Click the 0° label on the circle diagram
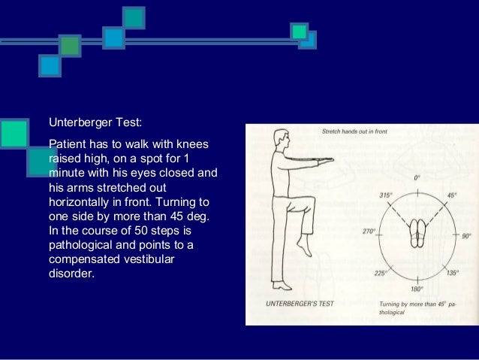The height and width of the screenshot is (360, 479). click(417, 178)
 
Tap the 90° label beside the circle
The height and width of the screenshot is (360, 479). click(467, 236)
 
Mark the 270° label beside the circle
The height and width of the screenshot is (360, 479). click(369, 232)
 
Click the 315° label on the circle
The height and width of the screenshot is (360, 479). click(384, 195)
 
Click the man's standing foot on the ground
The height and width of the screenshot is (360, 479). click(281, 286)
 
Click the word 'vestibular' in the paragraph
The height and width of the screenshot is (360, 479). click(161, 259)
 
